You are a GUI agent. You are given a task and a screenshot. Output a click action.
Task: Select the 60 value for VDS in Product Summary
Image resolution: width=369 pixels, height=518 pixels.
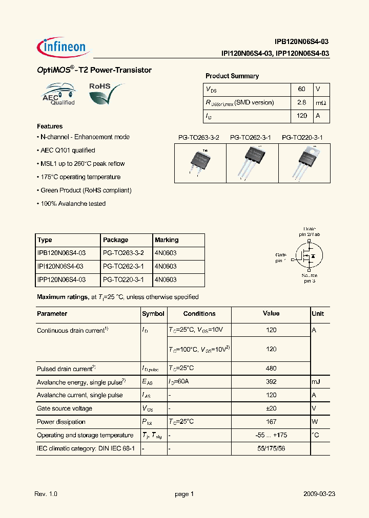pyautogui.click(x=301, y=89)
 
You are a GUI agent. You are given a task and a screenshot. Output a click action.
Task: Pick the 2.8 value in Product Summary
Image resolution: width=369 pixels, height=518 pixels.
pyautogui.click(x=301, y=102)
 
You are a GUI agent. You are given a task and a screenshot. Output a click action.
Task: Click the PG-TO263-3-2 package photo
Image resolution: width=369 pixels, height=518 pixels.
pyautogui.click(x=200, y=162)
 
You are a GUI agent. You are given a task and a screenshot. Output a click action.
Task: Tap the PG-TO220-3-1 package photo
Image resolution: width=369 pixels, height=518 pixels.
pyautogui.click(x=304, y=162)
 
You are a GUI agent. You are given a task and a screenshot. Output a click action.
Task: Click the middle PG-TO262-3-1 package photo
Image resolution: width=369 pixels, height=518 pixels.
pyautogui.click(x=252, y=162)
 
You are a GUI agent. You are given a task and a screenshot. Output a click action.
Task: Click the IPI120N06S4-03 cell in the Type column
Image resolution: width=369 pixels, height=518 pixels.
pyautogui.click(x=60, y=267)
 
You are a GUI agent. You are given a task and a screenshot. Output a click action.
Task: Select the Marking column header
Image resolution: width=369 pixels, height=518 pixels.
pyautogui.click(x=167, y=240)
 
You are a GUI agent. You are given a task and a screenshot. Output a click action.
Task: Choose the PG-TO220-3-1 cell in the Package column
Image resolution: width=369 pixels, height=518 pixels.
pyautogui.click(x=124, y=280)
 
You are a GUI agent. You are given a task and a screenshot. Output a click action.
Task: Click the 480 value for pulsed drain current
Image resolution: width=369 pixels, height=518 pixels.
pyautogui.click(x=271, y=369)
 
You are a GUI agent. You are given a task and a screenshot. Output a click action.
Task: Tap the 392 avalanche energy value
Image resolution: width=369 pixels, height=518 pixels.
pyautogui.click(x=271, y=382)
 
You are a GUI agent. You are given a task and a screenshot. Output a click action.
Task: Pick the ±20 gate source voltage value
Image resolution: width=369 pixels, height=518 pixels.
pyautogui.click(x=271, y=408)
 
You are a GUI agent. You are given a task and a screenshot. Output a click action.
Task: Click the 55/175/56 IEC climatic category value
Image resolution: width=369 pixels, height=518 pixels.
pyautogui.click(x=271, y=448)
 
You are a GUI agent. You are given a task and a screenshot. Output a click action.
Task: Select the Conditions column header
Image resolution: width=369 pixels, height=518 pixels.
pyautogui.click(x=199, y=314)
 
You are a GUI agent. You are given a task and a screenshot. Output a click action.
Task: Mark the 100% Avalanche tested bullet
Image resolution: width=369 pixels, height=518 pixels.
pyautogui.click(x=72, y=204)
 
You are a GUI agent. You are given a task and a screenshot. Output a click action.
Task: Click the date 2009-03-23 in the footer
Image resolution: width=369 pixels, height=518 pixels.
pyautogui.click(x=319, y=494)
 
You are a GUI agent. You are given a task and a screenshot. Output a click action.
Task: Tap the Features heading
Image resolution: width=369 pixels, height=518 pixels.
pyautogui.click(x=50, y=126)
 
